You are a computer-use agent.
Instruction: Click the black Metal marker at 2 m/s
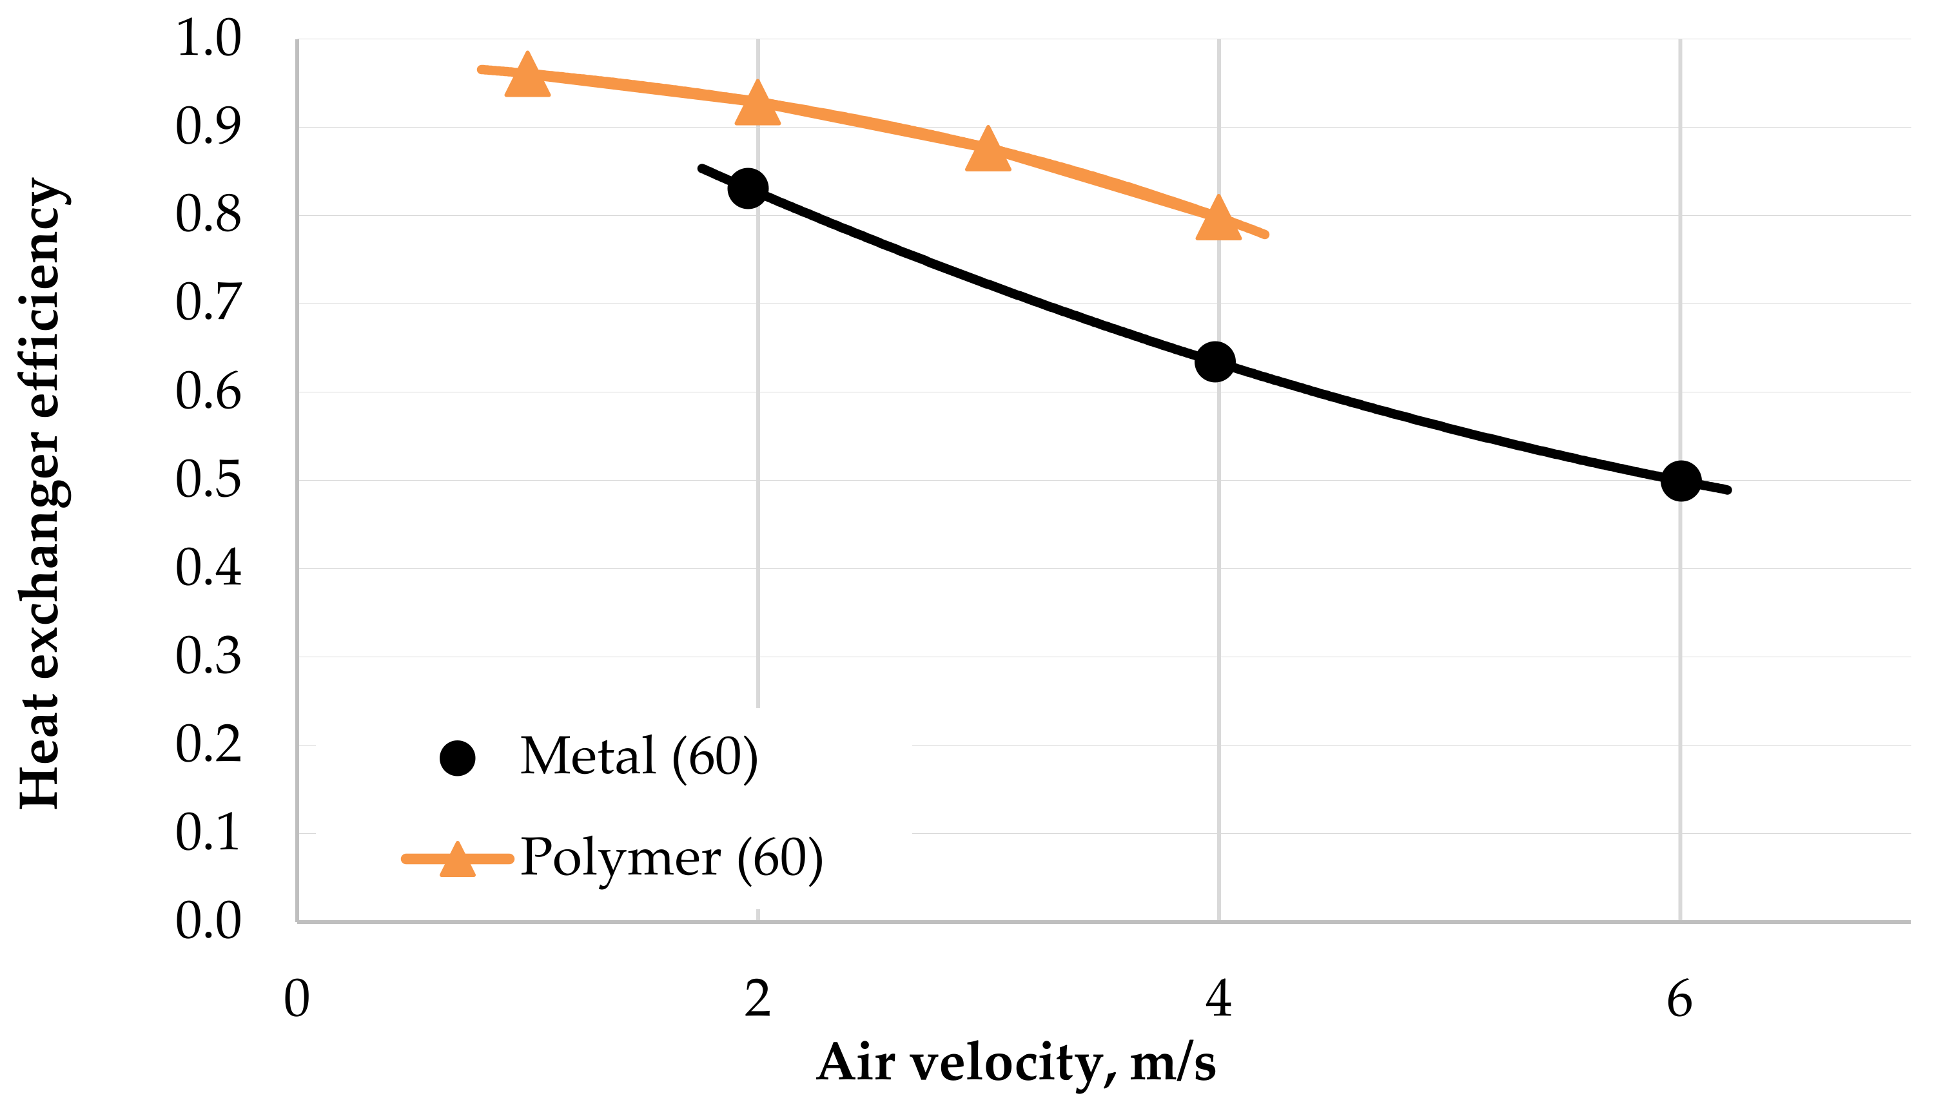pos(748,188)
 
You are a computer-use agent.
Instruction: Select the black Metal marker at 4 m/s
pos(1215,362)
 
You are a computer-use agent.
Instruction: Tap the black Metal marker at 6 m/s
pos(1681,481)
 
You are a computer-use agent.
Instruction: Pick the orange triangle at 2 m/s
pos(757,106)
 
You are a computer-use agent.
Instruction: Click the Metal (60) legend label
pos(638,757)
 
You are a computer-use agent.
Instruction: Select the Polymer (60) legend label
pos(671,859)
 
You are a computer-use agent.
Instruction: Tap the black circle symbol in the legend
pos(457,758)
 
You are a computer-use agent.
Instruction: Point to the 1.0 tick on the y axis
pos(208,39)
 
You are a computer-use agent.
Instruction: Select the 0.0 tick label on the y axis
pos(208,921)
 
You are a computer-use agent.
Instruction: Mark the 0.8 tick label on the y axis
pos(208,215)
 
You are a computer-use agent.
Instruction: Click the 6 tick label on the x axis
pos(1680,999)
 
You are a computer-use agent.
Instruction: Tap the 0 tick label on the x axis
pos(297,999)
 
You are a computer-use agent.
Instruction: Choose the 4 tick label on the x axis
pos(1218,999)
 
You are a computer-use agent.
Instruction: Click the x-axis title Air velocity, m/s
pos(1015,1063)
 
